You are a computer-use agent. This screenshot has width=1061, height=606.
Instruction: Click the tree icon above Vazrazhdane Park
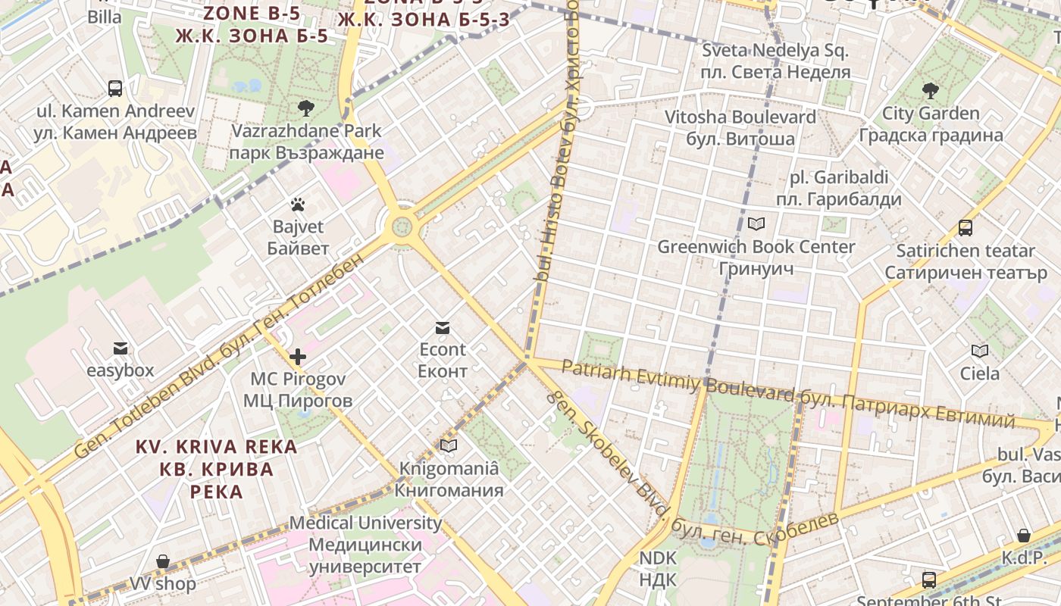(306, 108)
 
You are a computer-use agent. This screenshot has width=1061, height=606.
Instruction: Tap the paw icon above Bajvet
(298, 205)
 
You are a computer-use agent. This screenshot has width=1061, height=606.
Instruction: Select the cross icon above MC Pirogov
(298, 356)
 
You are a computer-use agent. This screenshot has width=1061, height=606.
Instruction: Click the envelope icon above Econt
(443, 327)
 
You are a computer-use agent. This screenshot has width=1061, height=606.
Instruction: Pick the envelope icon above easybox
(120, 348)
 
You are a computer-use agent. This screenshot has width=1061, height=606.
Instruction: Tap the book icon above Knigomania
(449, 446)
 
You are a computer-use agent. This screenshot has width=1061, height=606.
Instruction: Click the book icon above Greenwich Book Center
(756, 223)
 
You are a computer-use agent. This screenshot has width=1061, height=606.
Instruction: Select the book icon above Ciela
(980, 351)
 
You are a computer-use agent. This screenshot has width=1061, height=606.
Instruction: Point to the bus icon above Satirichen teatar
(966, 227)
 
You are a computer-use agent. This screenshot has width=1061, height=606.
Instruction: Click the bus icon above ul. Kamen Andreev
(115, 88)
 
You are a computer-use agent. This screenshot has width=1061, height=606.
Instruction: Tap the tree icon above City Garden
(931, 91)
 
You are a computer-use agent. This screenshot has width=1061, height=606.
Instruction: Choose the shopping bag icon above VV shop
(162, 561)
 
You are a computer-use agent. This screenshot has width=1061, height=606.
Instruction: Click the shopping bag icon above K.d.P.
(1023, 536)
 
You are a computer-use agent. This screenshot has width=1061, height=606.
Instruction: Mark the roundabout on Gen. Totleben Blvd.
(402, 226)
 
